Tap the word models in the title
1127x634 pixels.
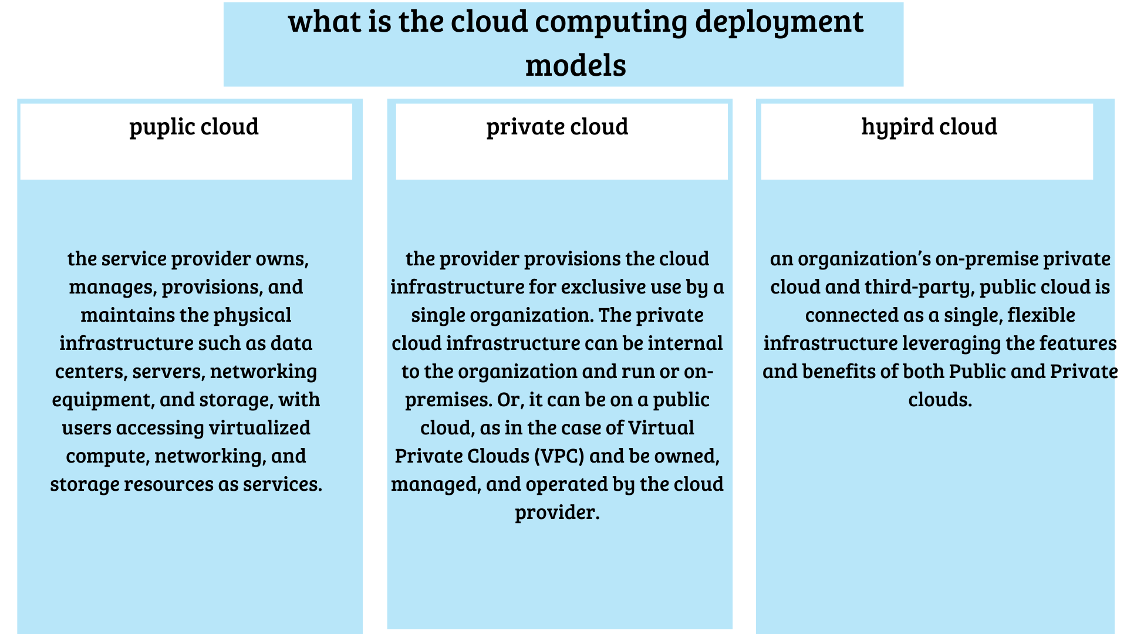576,65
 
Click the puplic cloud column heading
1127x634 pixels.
194,127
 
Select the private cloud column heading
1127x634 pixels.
557,127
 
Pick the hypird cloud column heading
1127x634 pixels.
929,127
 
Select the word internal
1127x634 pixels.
685,343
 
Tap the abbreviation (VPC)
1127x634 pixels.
560,456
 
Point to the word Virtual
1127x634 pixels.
661,428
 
